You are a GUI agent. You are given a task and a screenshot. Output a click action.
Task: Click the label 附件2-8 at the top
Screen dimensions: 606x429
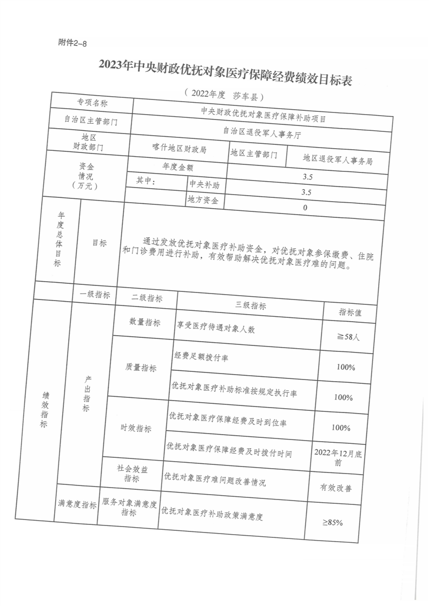pyautogui.click(x=72, y=43)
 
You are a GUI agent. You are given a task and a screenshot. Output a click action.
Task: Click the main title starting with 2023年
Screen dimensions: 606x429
pyautogui.click(x=225, y=68)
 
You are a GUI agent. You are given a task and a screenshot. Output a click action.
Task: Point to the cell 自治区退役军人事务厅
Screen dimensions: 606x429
pyautogui.click(x=262, y=130)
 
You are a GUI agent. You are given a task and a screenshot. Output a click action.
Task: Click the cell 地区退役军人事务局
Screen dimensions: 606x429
pyautogui.click(x=338, y=159)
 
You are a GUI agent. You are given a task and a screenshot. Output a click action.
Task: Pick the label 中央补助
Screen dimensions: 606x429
pyautogui.click(x=204, y=185)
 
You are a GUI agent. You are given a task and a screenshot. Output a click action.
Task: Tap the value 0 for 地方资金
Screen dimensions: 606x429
pyautogui.click(x=305, y=208)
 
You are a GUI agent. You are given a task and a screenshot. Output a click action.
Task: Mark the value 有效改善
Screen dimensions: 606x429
pyautogui.click(x=336, y=488)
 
